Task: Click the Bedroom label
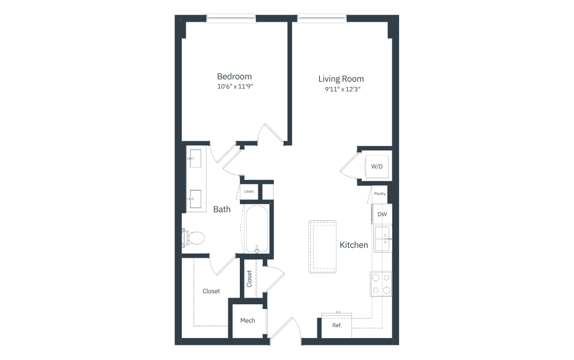pos(234,76)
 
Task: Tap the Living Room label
pos(341,79)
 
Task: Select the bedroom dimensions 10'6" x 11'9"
pos(235,86)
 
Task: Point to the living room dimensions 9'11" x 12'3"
pos(343,89)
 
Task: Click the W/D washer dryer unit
pos(377,166)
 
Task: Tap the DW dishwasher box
pos(382,215)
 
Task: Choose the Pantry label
pos(380,194)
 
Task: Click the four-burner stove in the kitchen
pos(381,284)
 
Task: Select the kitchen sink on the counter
pos(382,239)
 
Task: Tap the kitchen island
pos(323,247)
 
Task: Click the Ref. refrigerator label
pos(337,325)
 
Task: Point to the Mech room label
pos(247,320)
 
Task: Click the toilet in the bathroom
pos(193,238)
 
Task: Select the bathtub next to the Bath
pos(257,229)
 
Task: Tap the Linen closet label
pos(249,192)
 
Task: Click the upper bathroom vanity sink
pos(196,158)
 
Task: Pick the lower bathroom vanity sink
pos(196,199)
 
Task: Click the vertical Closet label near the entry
pos(249,279)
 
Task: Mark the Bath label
pos(222,209)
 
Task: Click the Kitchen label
pos(354,245)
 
